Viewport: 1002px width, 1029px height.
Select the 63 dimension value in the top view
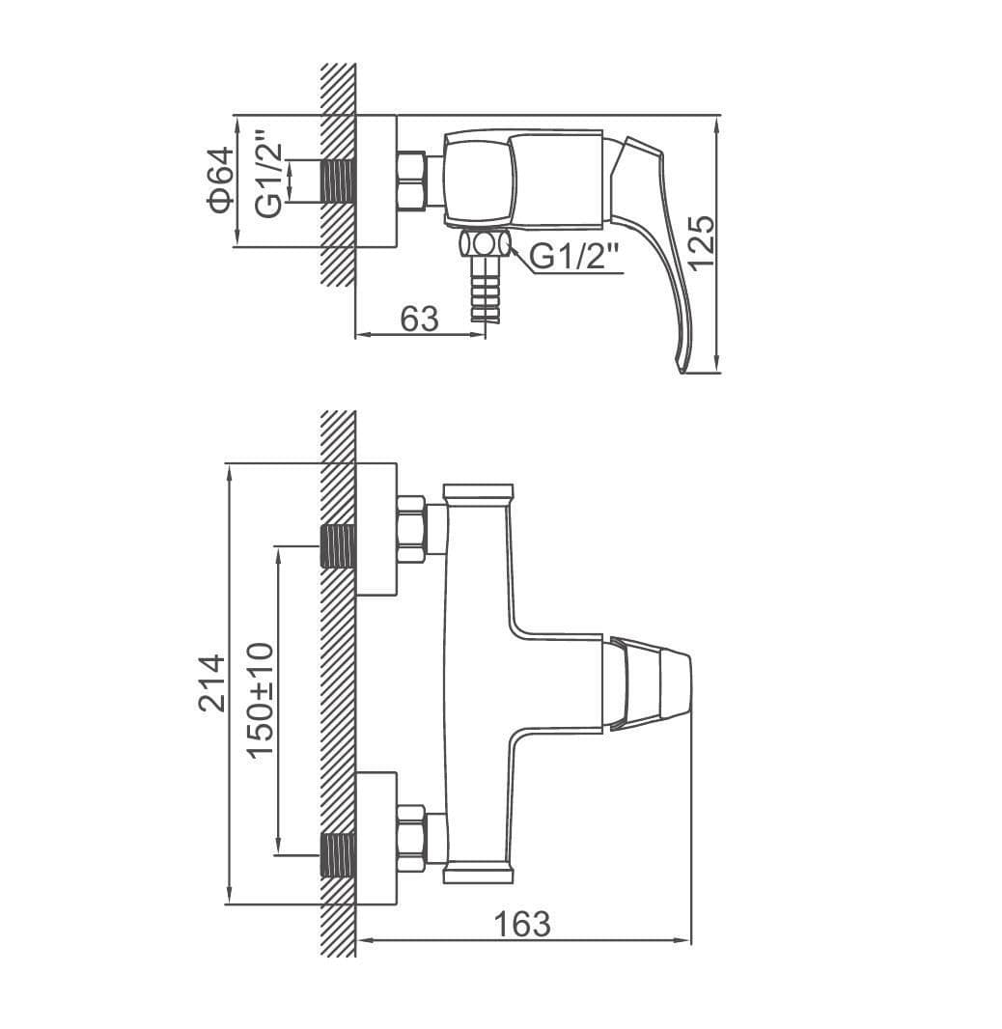tap(419, 319)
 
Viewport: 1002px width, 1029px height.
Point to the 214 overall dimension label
tap(212, 683)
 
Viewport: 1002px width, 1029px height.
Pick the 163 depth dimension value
tap(522, 925)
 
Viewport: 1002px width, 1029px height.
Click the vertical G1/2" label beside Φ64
tap(269, 174)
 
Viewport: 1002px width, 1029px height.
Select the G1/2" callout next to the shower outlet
tap(573, 256)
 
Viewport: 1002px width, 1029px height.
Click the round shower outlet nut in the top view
tap(485, 244)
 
